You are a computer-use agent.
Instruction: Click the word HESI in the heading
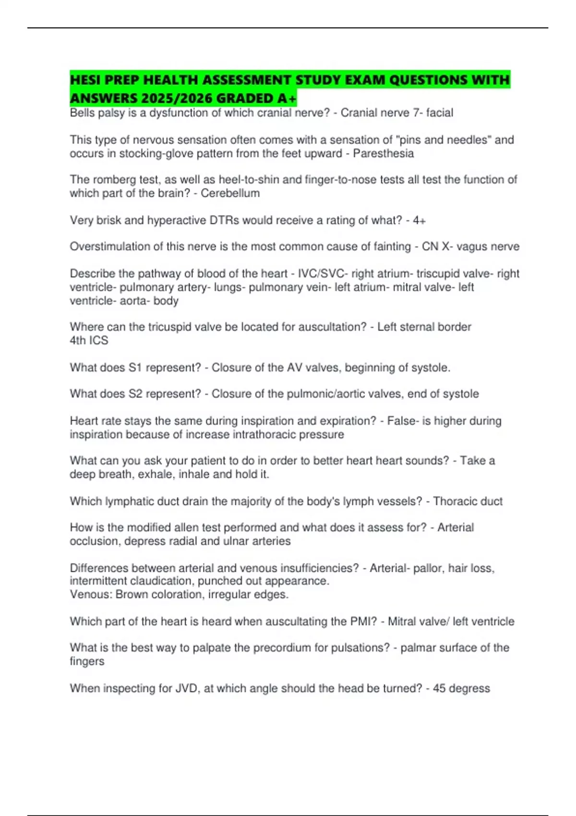84,80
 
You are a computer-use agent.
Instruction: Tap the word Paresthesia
383,154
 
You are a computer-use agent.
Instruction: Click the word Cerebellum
230,193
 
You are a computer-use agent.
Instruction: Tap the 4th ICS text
89,340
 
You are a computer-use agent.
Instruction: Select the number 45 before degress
439,688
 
